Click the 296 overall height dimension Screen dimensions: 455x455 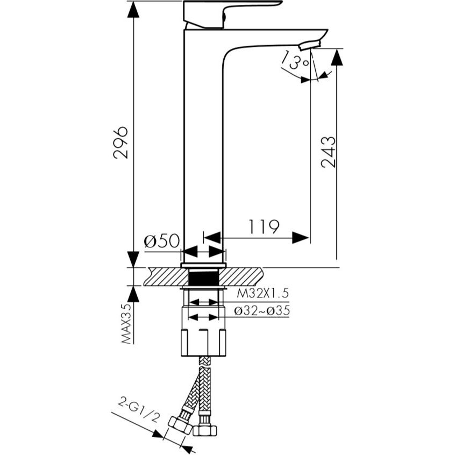click(120, 143)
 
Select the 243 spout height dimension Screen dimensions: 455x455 click(328, 152)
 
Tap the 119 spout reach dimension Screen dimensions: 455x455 click(264, 226)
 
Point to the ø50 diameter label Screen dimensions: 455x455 click(162, 240)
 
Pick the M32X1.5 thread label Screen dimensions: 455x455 click(263, 293)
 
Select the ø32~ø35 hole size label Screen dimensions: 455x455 click(262, 311)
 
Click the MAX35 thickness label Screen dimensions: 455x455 click(126, 324)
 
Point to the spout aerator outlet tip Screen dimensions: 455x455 click(310, 46)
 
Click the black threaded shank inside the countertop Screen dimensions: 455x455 click(203, 278)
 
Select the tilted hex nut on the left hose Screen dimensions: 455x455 click(181, 425)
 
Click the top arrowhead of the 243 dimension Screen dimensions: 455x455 click(337, 57)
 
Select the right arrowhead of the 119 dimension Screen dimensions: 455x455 click(301, 238)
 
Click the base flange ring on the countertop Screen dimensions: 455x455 click(203, 265)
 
